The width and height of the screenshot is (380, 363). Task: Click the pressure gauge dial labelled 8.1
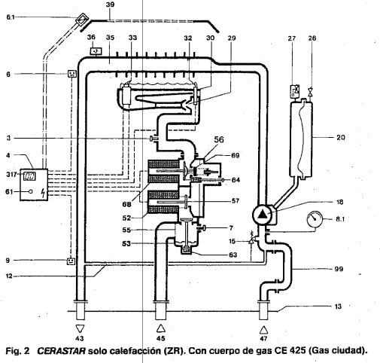(315, 219)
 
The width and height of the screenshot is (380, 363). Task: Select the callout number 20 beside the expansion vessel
(341, 137)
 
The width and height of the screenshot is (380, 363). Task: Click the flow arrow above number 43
(80, 328)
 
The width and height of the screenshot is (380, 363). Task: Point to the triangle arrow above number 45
(161, 328)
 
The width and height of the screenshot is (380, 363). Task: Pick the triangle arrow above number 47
(263, 330)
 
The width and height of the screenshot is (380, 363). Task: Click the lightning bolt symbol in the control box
(44, 193)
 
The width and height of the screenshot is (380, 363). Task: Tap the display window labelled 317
(29, 176)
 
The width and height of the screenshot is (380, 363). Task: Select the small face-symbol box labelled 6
(72, 74)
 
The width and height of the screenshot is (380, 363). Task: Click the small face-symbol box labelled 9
(71, 261)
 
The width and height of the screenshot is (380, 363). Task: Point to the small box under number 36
(96, 51)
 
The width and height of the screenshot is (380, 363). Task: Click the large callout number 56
(219, 139)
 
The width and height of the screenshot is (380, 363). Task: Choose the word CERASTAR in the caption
(61, 350)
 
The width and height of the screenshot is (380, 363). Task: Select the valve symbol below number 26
(311, 91)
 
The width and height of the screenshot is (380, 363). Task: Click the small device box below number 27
(294, 91)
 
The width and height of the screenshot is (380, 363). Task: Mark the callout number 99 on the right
(339, 269)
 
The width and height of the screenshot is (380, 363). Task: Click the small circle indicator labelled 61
(31, 191)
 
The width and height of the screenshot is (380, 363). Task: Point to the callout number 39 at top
(110, 5)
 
